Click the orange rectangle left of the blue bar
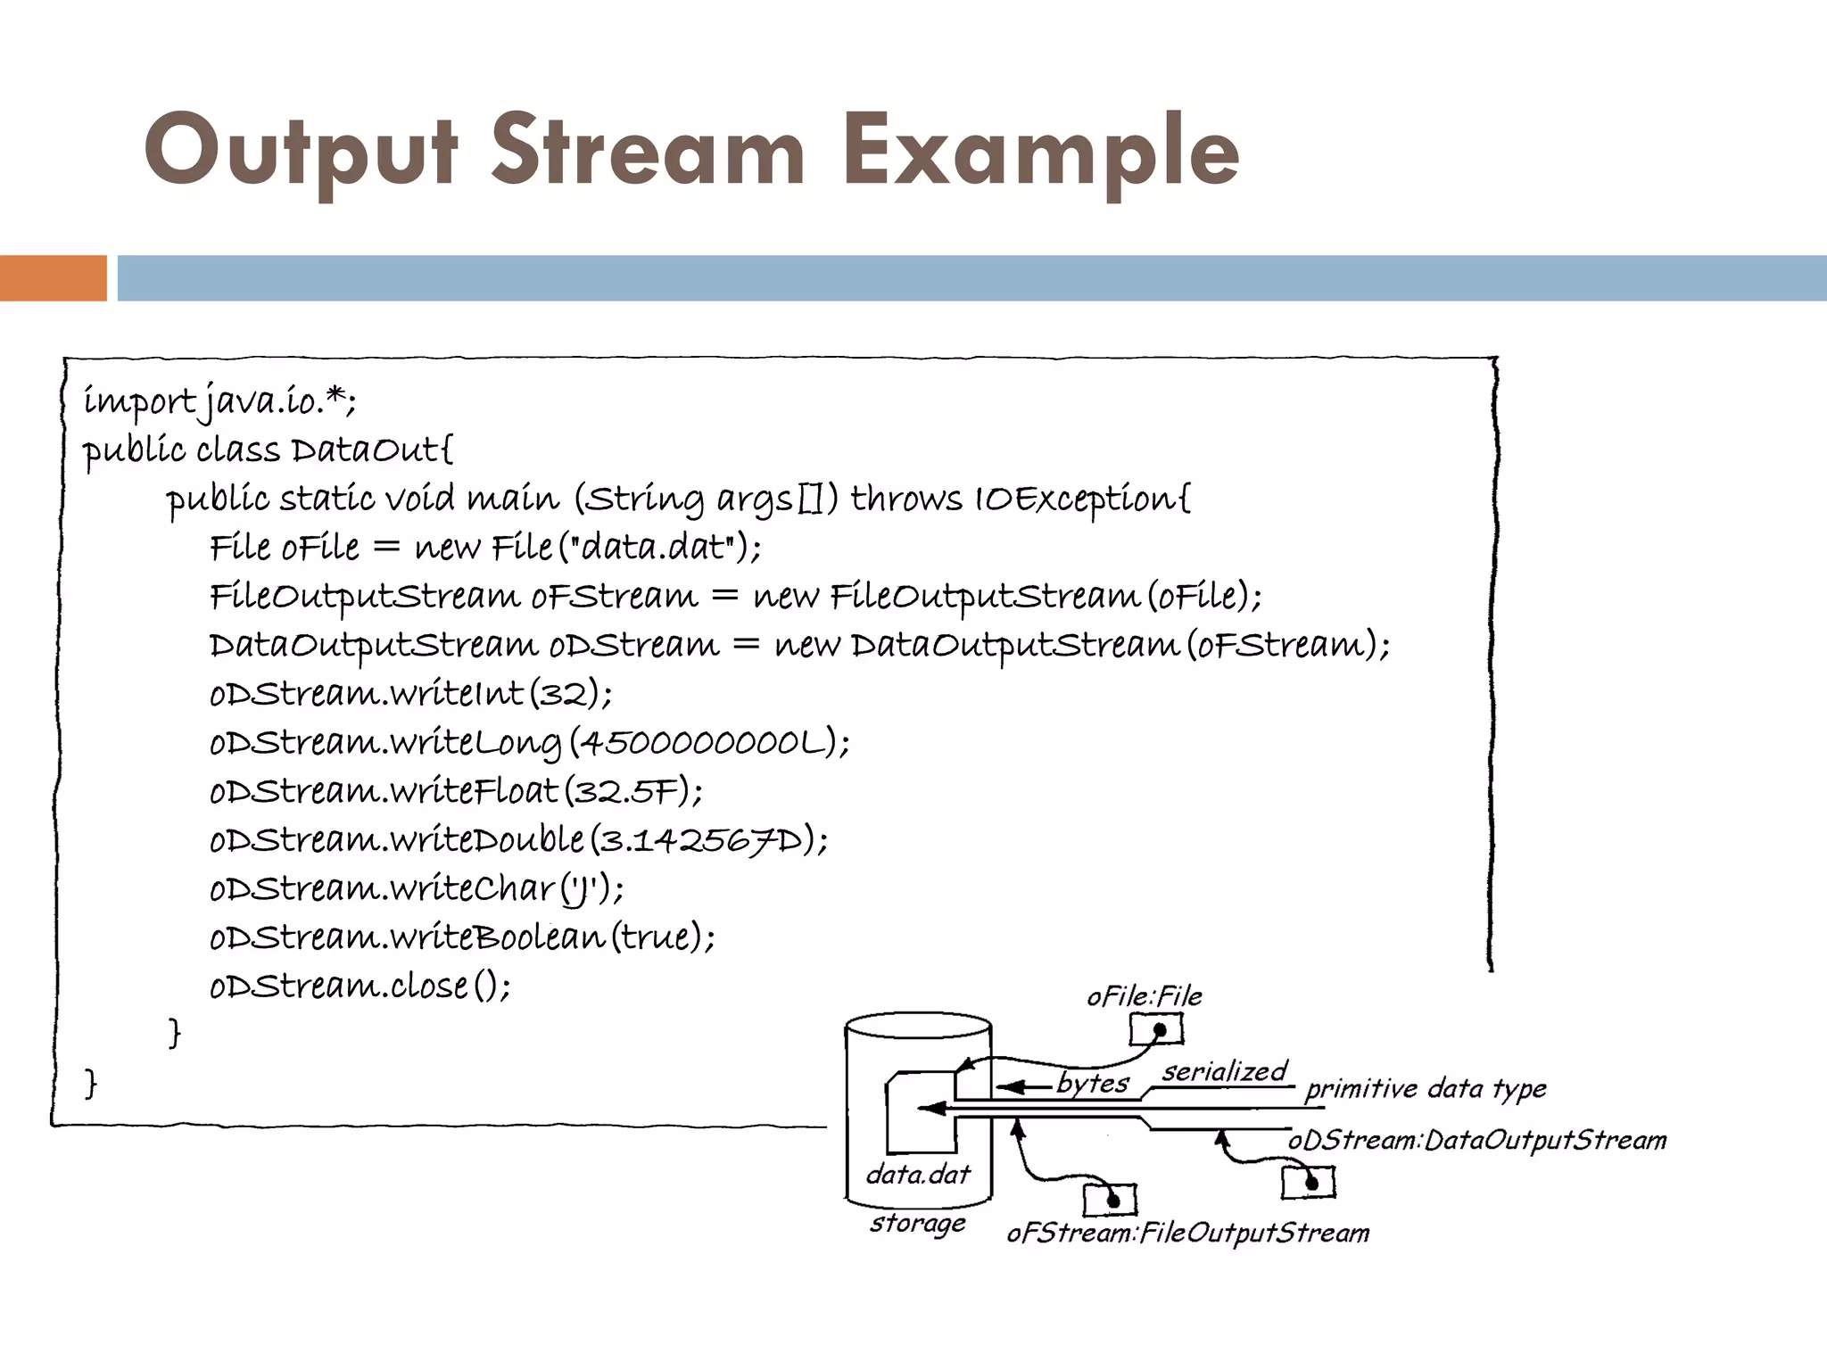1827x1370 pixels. [x=53, y=278]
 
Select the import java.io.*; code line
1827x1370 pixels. [x=219, y=401]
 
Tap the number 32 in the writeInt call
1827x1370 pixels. [x=564, y=693]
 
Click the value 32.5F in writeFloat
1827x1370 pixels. [x=626, y=791]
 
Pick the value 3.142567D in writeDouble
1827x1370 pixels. [x=701, y=840]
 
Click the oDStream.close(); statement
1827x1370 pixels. [x=360, y=986]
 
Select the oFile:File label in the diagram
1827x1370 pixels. [x=1145, y=996]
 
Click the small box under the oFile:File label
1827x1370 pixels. [x=1156, y=1030]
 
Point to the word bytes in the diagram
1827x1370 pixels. [x=1093, y=1083]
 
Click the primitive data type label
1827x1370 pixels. [x=1426, y=1089]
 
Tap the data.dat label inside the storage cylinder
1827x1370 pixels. [x=918, y=1175]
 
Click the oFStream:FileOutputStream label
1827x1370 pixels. [x=1188, y=1234]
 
